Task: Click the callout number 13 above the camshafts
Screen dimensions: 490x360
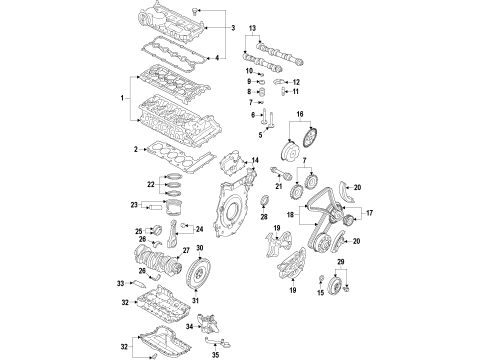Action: coord(252,28)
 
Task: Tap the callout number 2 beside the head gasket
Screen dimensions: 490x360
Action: coord(136,149)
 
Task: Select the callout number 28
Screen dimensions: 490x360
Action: coord(264,217)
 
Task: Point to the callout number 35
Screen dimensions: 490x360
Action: coord(216,355)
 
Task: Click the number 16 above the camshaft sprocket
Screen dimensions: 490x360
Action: coord(300,114)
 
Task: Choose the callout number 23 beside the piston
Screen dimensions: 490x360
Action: coord(134,205)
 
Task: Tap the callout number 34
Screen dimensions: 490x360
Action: coord(189,327)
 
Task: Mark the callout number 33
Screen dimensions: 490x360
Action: coord(120,283)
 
